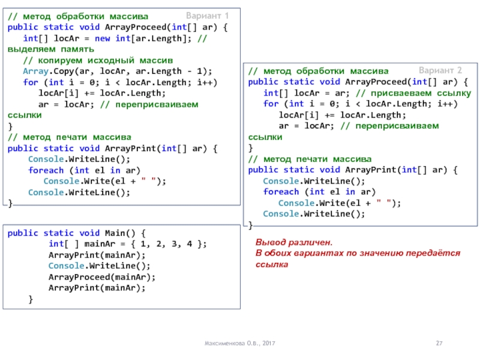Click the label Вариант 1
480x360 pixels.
click(207, 15)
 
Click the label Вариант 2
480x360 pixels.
click(440, 70)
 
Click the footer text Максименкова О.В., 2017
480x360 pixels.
click(241, 343)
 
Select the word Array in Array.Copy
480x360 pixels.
click(35, 71)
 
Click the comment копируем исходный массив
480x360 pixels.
click(98, 61)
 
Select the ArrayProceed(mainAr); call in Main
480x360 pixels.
click(101, 277)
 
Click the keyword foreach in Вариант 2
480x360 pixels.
click(281, 191)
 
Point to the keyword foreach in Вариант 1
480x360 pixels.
click(46, 170)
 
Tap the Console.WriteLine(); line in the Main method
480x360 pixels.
click(99, 266)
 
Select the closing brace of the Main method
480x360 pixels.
click(31, 299)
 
